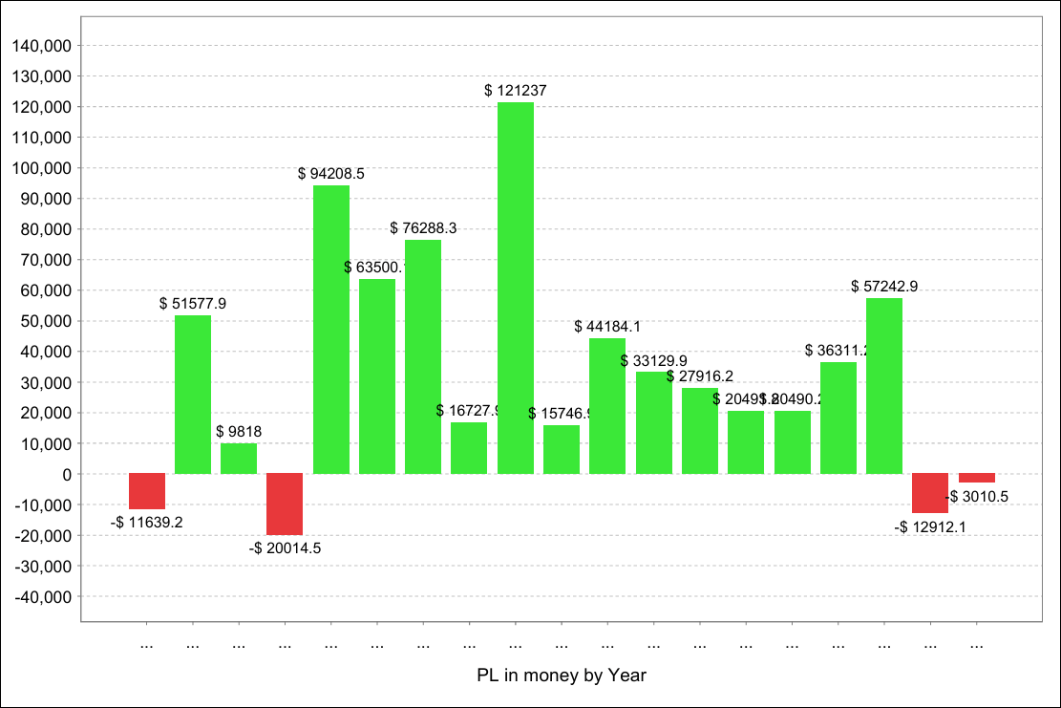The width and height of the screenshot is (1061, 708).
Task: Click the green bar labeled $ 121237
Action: point(516,287)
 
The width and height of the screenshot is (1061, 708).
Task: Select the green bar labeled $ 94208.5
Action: point(331,329)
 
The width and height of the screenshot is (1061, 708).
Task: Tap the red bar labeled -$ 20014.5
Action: point(285,504)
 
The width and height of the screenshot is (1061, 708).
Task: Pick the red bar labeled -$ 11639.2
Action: point(147,491)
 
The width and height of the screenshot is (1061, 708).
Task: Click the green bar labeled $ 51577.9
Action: point(193,394)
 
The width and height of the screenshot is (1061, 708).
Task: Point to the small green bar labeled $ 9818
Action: point(239,459)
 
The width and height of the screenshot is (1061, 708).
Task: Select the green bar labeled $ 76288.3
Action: point(423,356)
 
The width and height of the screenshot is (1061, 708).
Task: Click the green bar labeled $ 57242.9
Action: point(884,386)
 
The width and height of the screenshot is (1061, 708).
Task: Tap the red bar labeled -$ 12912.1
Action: point(930,493)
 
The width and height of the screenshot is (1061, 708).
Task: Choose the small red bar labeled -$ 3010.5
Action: point(977,478)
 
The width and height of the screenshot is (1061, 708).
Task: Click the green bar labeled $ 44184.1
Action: point(607,405)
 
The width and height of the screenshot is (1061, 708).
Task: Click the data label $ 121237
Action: point(516,91)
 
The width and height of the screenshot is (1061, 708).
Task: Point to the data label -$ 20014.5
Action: point(285,548)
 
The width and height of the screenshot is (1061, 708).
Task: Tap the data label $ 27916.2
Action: point(700,376)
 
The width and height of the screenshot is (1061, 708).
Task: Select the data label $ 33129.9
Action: point(653,361)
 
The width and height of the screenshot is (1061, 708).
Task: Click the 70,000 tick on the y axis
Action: point(43,260)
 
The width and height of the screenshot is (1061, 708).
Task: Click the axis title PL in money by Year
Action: point(562,676)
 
